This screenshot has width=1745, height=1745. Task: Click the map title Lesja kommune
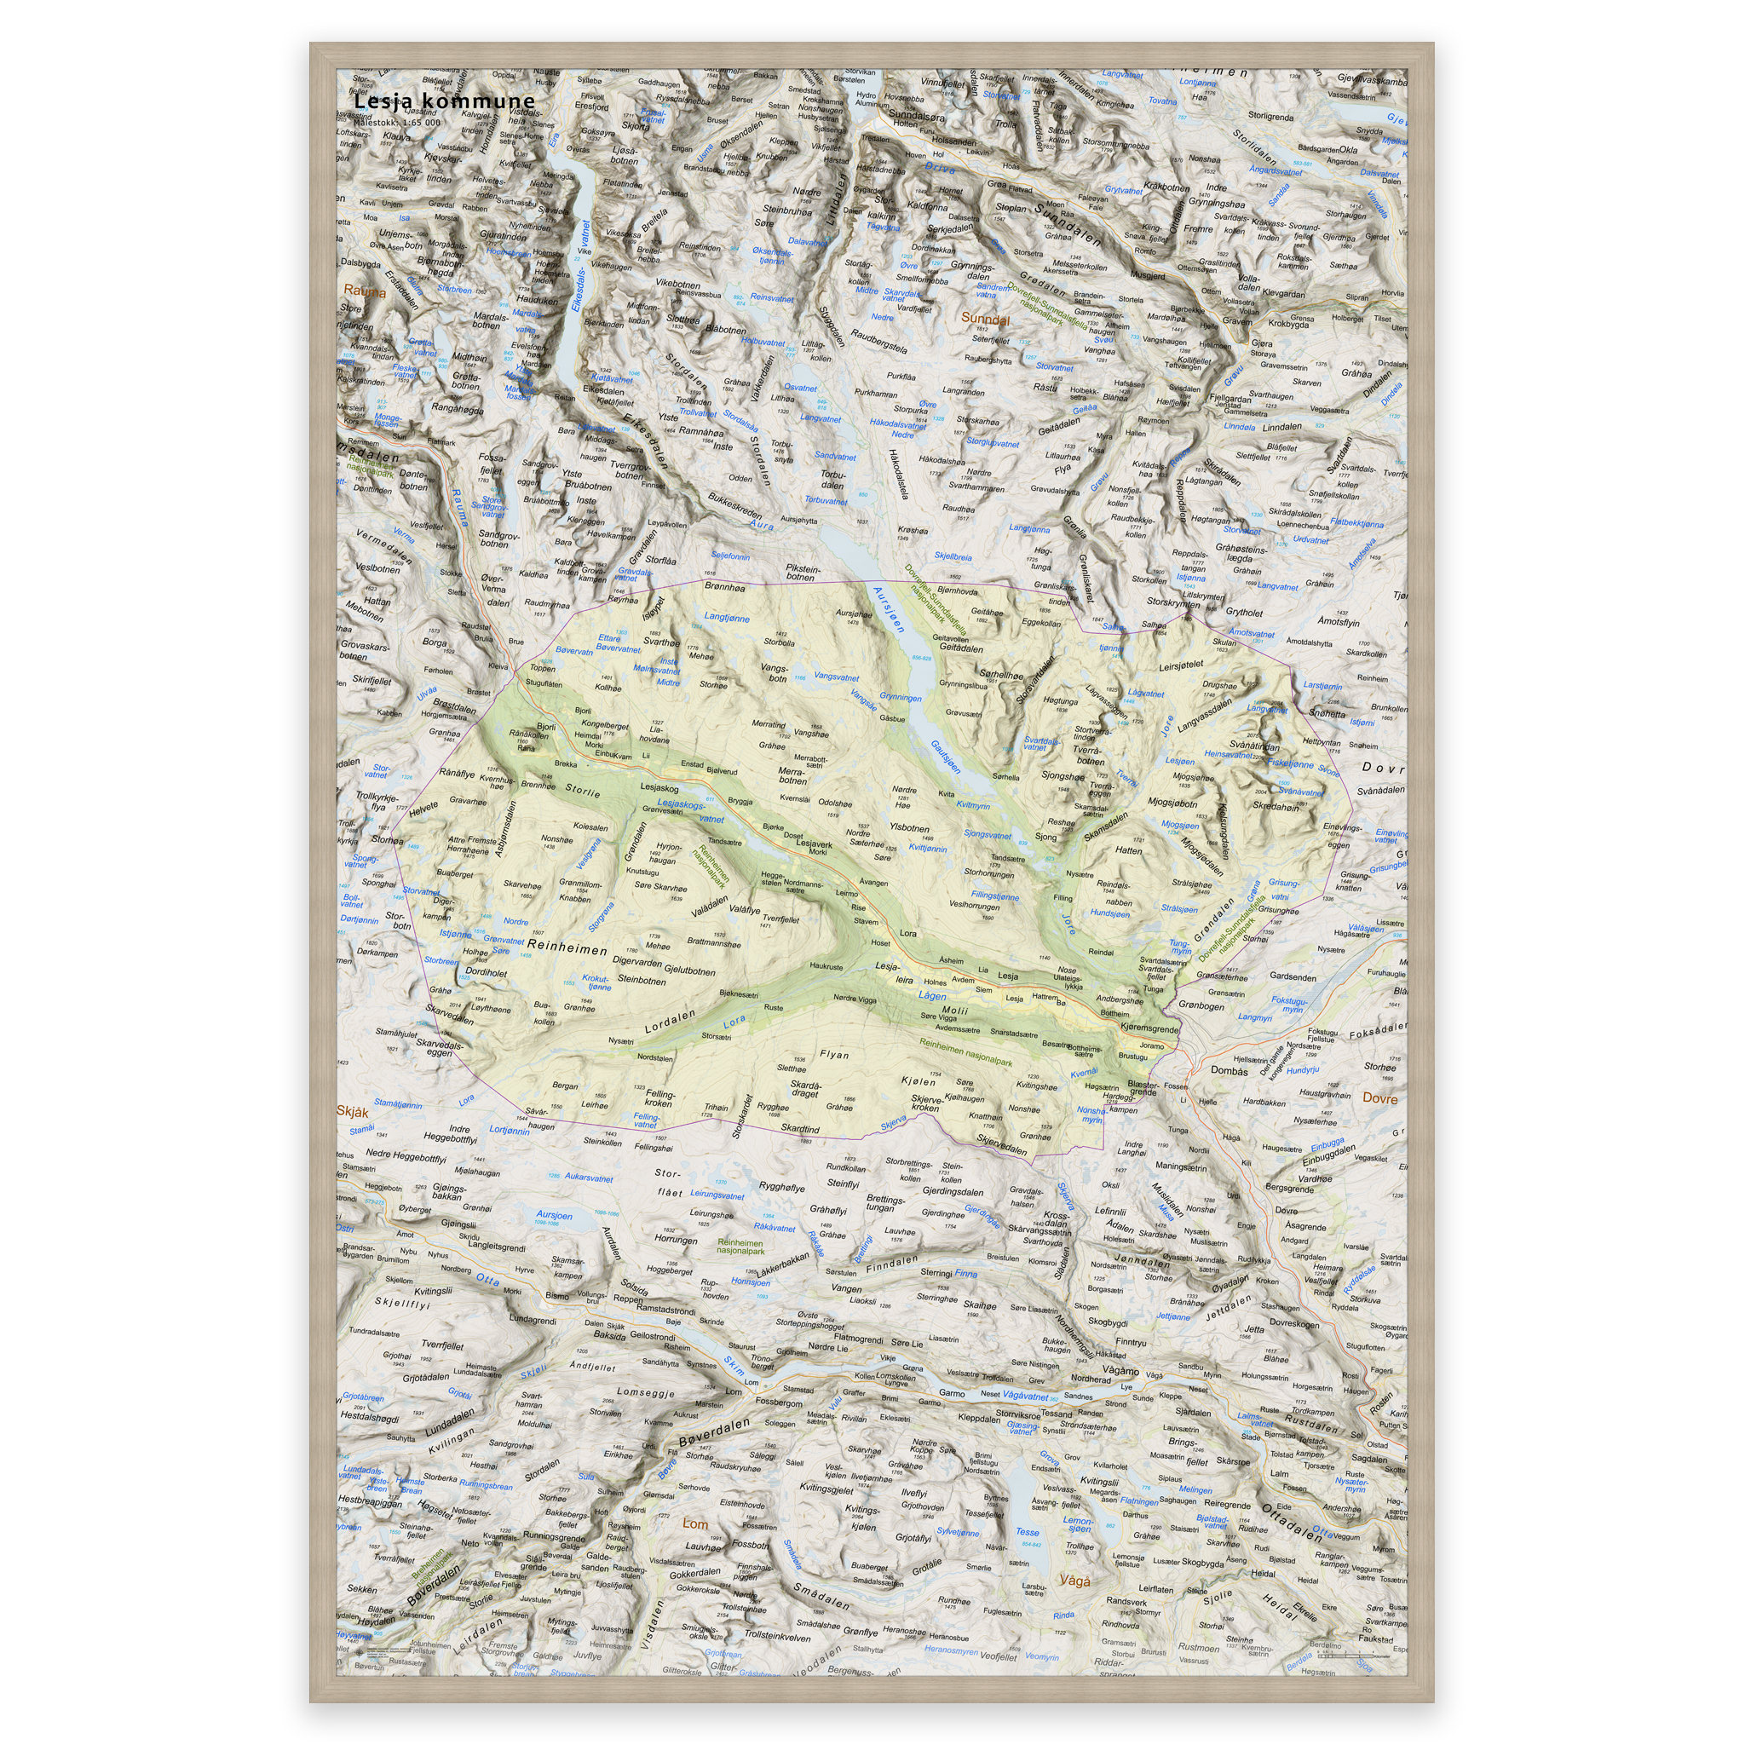pos(443,101)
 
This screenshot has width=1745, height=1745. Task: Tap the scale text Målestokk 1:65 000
pos(397,122)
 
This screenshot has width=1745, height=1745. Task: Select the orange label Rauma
pos(364,291)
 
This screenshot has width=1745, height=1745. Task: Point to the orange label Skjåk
pos(352,1112)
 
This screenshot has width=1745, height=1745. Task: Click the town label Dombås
pos(1229,1071)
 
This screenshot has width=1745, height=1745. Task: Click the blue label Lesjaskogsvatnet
pos(693,810)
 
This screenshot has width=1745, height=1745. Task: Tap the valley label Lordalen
pos(671,1022)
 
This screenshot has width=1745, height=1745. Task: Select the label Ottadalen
pos(1291,1523)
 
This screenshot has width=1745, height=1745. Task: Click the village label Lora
pos(907,933)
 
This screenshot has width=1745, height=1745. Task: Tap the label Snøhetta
pos(1326,713)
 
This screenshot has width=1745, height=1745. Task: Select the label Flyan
pos(834,1054)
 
